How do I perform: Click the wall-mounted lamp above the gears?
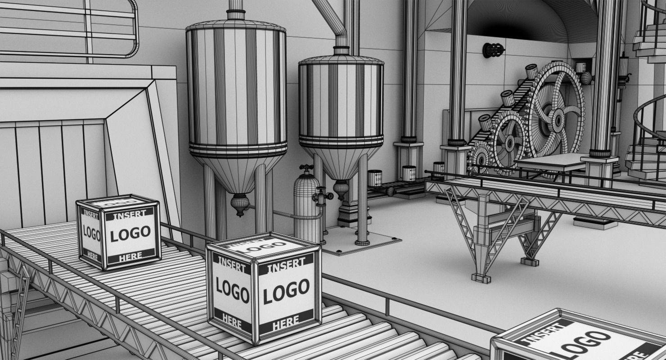[x=493, y=50]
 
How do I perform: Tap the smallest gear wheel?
[x=480, y=158]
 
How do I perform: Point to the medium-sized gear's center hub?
[x=510, y=143]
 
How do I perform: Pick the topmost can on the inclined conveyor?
[x=531, y=71]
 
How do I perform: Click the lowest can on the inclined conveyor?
[x=485, y=122]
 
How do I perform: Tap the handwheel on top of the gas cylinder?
[x=306, y=168]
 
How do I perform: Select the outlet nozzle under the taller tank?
[x=239, y=205]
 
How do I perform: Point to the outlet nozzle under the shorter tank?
[x=341, y=189]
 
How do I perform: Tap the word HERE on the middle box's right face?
[x=286, y=321]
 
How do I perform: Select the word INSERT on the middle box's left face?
[x=231, y=265]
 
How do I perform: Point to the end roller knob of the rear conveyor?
[x=390, y=191]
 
